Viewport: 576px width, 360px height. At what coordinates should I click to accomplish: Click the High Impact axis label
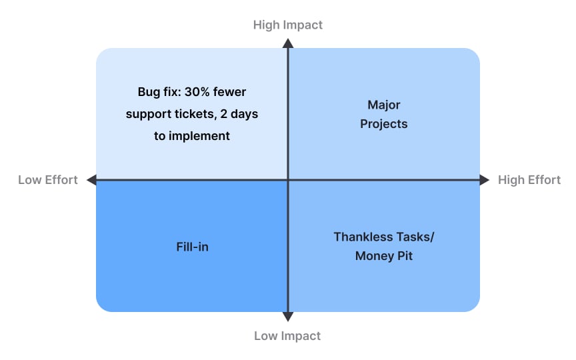[287, 25]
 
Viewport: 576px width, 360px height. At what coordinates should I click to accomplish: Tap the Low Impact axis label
[287, 335]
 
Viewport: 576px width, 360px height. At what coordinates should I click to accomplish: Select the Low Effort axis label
[48, 179]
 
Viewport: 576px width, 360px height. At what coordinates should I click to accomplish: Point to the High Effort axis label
[529, 179]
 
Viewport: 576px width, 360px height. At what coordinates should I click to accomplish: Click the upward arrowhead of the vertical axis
[287, 43]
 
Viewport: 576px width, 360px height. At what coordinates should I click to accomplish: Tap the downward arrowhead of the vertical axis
[287, 317]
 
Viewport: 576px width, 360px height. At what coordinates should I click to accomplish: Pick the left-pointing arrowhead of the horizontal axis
[92, 179]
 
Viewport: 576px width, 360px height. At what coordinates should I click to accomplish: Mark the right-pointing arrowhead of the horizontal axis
[484, 179]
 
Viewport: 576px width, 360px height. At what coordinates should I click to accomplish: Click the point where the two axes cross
[287, 179]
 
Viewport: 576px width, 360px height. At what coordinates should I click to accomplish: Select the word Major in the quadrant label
[384, 105]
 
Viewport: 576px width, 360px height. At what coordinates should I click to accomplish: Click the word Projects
[384, 124]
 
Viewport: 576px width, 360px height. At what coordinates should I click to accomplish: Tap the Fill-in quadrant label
[192, 247]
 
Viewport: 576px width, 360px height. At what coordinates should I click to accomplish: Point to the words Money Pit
[384, 256]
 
